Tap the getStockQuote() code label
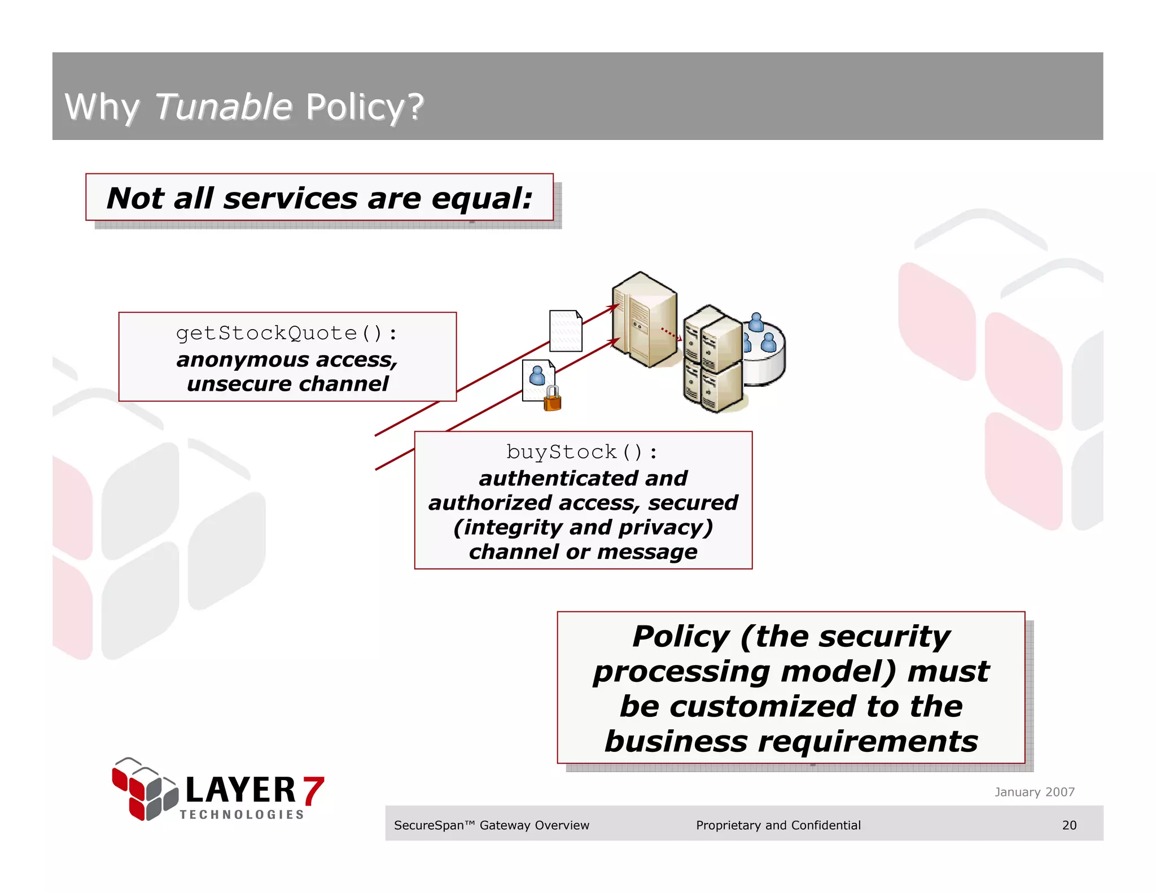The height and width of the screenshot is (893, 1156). [x=287, y=333]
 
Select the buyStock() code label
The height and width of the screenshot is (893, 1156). [x=582, y=452]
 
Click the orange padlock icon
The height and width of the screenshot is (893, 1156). [x=552, y=399]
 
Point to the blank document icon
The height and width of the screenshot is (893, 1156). [x=566, y=331]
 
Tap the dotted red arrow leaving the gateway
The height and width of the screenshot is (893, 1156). [x=671, y=334]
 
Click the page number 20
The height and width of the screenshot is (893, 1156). [x=1069, y=825]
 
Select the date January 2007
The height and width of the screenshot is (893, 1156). [x=1034, y=792]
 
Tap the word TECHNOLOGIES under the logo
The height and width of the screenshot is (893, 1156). [x=242, y=815]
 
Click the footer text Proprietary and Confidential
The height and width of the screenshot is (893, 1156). [x=778, y=825]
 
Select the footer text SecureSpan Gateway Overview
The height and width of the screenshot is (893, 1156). [x=491, y=825]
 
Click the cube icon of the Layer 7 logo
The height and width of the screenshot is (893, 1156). [x=144, y=789]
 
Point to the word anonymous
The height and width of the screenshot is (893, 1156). [x=242, y=360]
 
